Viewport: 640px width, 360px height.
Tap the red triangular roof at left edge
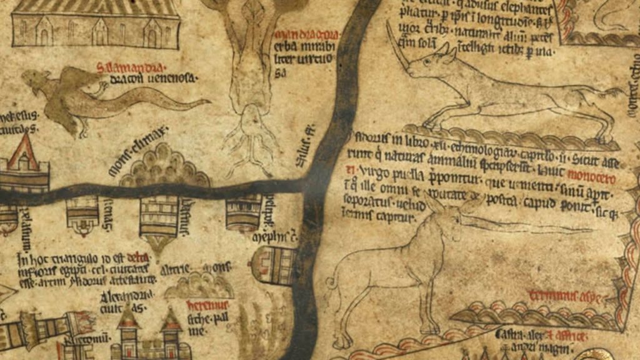(23, 153)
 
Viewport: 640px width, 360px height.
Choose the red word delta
(136, 257)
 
